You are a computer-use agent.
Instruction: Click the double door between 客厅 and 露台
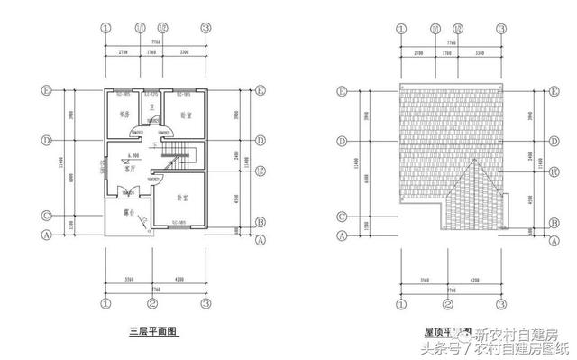click(120, 191)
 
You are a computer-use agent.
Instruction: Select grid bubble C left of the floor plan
click(46, 216)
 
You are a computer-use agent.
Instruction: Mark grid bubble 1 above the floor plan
click(105, 28)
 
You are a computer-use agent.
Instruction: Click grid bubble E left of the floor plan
click(46, 91)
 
